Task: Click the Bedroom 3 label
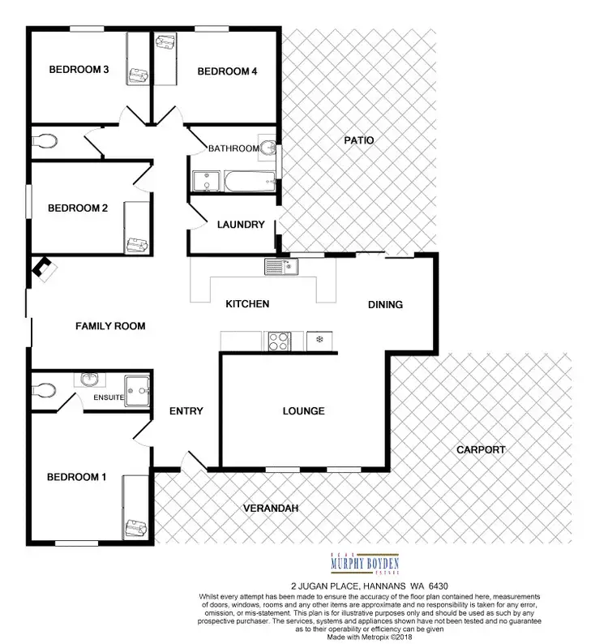point(79,70)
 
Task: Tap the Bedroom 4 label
point(228,71)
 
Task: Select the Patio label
point(358,140)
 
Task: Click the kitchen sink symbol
point(274,265)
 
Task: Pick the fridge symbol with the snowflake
point(320,339)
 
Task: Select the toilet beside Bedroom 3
point(47,142)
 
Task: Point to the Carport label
point(481,449)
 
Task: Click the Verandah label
point(272,509)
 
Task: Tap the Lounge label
point(303,411)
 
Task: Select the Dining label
point(385,305)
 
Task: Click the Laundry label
point(241,225)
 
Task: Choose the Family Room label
point(110,326)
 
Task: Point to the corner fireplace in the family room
point(43,269)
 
